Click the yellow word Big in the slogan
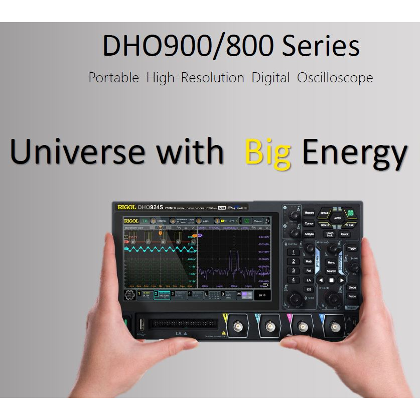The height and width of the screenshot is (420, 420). [268, 152]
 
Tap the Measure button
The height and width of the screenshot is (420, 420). [309, 213]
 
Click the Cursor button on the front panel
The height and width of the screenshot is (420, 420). [309, 223]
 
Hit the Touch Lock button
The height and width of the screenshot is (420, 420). [329, 234]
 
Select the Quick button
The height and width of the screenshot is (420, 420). [345, 234]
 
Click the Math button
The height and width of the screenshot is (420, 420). [309, 261]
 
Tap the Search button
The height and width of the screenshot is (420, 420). [331, 271]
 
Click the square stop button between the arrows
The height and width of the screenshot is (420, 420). [331, 280]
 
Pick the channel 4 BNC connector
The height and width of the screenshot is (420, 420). [333, 328]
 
